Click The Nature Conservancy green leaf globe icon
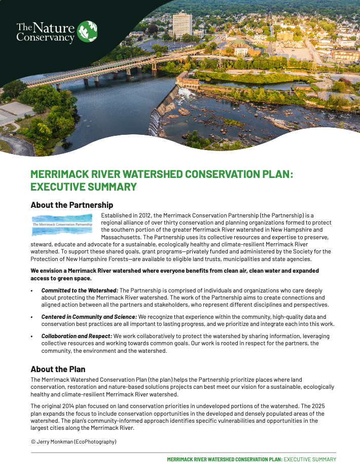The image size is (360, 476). (87, 31)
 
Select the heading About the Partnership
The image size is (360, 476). (71, 205)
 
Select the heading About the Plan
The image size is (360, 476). (58, 369)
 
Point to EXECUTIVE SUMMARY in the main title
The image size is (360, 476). (84, 187)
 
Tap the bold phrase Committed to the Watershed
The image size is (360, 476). (80, 290)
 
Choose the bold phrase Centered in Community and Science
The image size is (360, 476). (89, 317)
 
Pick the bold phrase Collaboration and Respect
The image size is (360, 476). (77, 336)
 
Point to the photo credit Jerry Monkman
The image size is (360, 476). (58, 442)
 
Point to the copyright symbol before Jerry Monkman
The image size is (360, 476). (33, 442)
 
